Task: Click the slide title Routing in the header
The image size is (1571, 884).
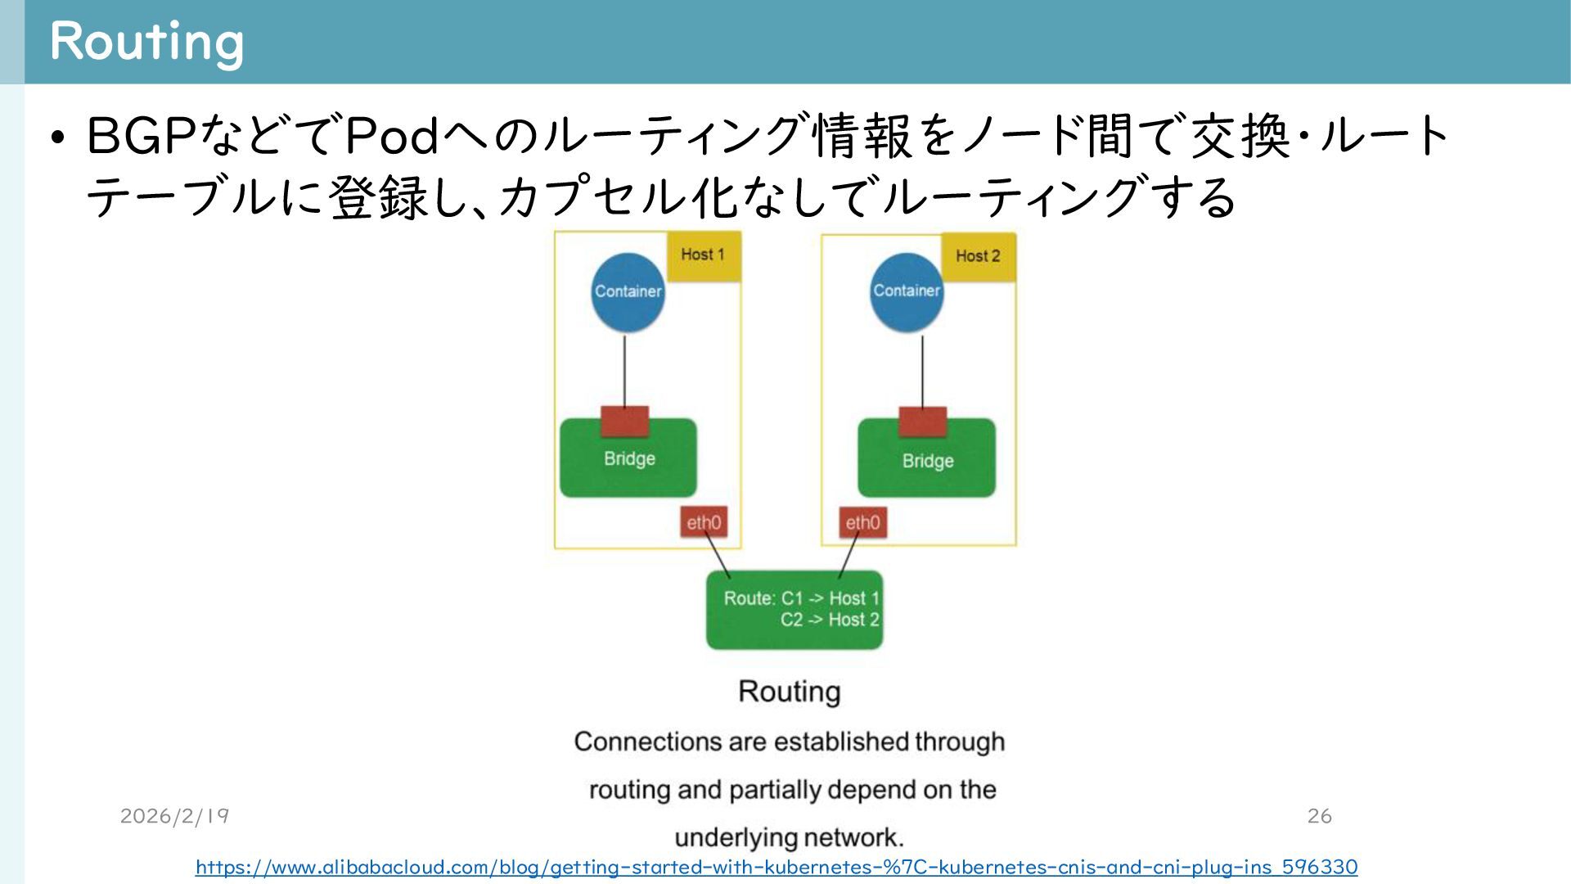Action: click(146, 41)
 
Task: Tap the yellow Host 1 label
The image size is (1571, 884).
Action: click(703, 255)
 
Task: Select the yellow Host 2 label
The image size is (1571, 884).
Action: click(978, 256)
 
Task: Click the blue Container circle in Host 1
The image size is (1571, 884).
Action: click(628, 292)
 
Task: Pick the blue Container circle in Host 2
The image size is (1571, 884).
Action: click(906, 291)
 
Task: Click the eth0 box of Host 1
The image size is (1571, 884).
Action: click(704, 523)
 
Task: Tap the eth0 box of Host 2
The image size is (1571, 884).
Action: click(862, 523)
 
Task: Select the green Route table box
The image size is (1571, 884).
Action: click(794, 610)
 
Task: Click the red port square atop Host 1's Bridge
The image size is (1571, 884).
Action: click(625, 422)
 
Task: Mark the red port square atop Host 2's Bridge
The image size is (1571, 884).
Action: click(922, 422)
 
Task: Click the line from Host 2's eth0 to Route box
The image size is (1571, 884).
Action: click(849, 555)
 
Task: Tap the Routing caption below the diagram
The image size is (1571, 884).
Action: click(789, 692)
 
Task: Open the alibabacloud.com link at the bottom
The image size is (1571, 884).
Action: click(776, 867)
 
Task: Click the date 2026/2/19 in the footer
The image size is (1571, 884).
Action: click(174, 816)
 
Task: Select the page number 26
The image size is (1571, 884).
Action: click(1319, 816)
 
